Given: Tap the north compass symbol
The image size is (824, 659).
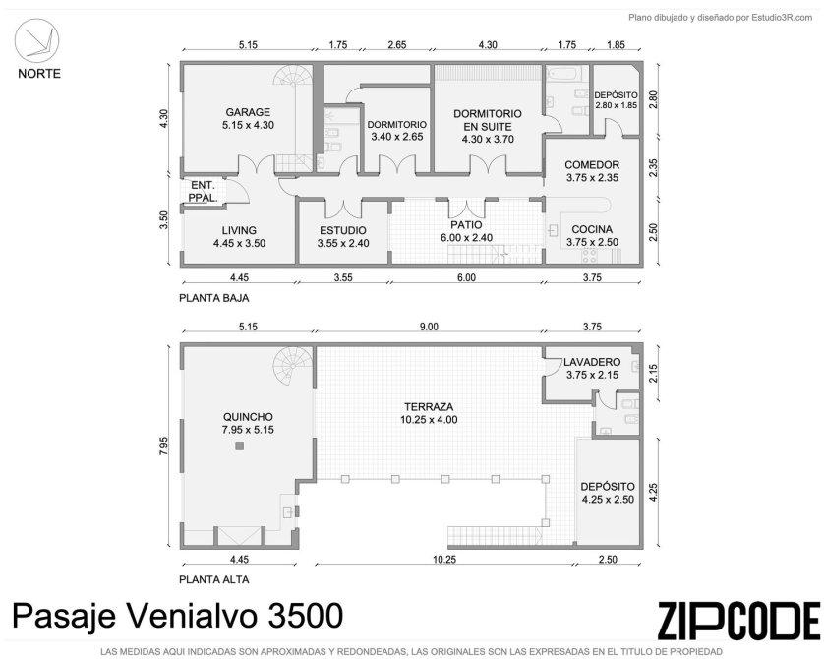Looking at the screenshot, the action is click(x=36, y=41).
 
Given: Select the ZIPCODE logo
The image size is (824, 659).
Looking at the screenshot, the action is click(x=737, y=621).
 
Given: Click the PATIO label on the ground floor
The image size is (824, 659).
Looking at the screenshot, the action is click(x=466, y=225).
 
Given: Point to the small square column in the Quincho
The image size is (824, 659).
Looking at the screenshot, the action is click(x=240, y=447).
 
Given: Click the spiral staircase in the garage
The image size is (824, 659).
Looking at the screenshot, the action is click(x=293, y=83).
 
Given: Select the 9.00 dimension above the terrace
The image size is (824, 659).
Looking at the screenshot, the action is click(x=429, y=327).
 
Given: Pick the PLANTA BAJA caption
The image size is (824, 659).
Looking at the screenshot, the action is click(x=214, y=298).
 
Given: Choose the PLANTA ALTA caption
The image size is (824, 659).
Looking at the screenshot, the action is click(x=214, y=579).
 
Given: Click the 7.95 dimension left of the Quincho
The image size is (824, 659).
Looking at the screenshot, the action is click(x=164, y=447).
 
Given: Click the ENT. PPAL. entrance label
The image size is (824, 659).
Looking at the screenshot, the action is click(x=204, y=191).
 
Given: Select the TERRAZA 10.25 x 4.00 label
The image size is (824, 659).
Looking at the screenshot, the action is click(x=429, y=413).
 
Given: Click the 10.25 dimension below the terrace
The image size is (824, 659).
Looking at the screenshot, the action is click(x=444, y=559).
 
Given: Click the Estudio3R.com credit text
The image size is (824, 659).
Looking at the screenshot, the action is click(x=782, y=18).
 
